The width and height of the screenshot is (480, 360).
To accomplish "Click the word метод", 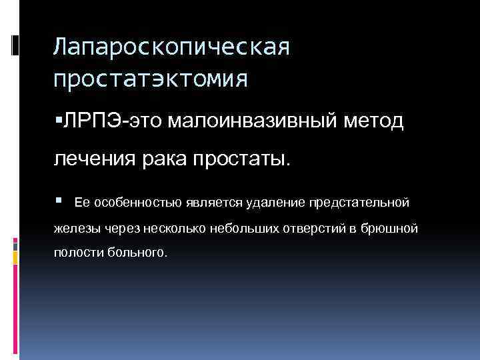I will [x=371, y=121].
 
